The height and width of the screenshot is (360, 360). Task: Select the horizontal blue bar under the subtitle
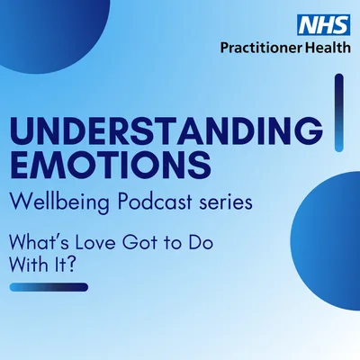pos(49,287)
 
